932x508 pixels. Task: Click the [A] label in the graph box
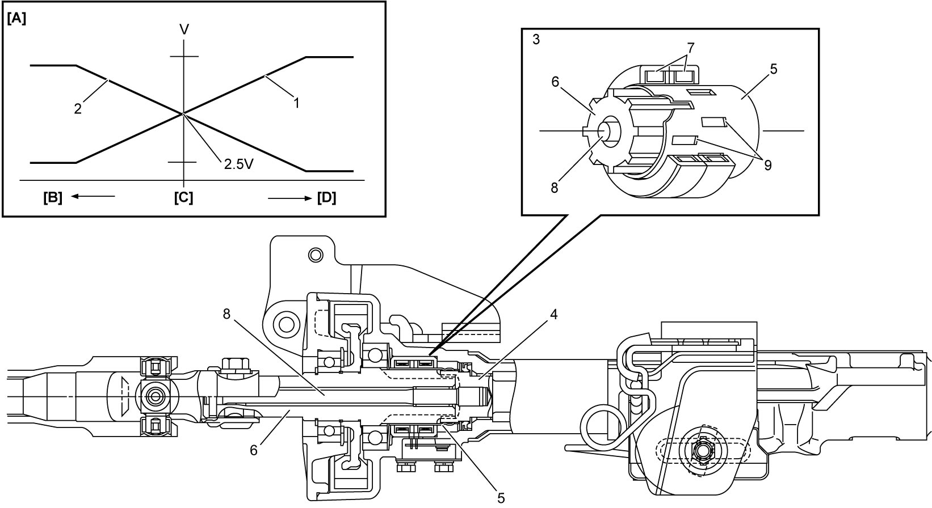pyautogui.click(x=16, y=19)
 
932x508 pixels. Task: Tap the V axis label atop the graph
pyautogui.click(x=184, y=29)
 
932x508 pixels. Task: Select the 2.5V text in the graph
pyautogui.click(x=239, y=164)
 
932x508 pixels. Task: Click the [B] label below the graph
pyautogui.click(x=53, y=198)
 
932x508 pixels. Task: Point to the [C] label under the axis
pyautogui.click(x=183, y=198)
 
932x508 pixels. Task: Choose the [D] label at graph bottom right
pyautogui.click(x=326, y=198)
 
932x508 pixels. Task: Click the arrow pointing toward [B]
pyautogui.click(x=93, y=196)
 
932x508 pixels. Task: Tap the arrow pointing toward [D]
pyautogui.click(x=289, y=198)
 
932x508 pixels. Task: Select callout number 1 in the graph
pyautogui.click(x=296, y=103)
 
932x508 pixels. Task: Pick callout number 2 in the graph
pyautogui.click(x=78, y=109)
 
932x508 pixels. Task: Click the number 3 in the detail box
pyautogui.click(x=536, y=40)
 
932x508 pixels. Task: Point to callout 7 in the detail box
pyautogui.click(x=691, y=48)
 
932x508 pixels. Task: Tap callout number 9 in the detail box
pyautogui.click(x=767, y=166)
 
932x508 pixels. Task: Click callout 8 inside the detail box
pyautogui.click(x=554, y=188)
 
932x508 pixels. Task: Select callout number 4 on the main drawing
pyautogui.click(x=553, y=315)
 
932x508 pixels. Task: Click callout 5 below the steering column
pyautogui.click(x=501, y=498)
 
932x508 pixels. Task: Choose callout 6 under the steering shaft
pyautogui.click(x=253, y=450)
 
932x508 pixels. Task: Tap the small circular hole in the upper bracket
pyautogui.click(x=316, y=255)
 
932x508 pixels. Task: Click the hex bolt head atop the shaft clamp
pyautogui.click(x=235, y=366)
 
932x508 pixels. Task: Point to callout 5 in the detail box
pyautogui.click(x=774, y=69)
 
